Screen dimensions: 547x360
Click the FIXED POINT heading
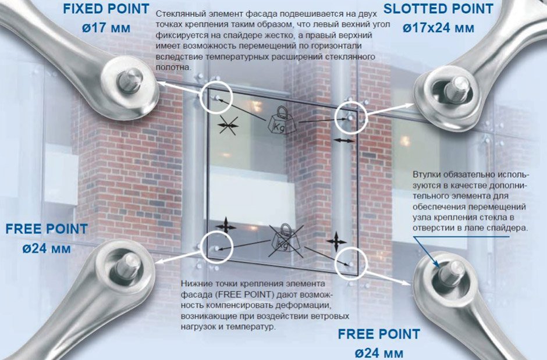coord(106,9)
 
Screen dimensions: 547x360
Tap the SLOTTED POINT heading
coord(438,9)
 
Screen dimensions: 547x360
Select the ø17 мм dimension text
coord(106,27)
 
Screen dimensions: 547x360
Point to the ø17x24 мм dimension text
coord(438,27)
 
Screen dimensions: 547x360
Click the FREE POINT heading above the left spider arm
coord(47,229)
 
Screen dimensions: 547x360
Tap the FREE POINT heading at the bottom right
coord(379,334)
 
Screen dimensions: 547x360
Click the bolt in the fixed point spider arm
coord(130,80)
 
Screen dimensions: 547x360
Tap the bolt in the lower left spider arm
coord(128,266)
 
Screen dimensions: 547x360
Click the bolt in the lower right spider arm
coord(451,273)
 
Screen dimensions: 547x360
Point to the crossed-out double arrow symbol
coord(229,125)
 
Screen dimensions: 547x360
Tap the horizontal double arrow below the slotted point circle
coord(344,140)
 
